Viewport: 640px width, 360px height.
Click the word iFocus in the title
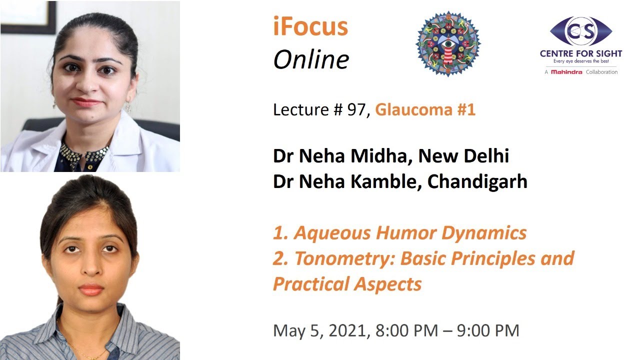(x=310, y=27)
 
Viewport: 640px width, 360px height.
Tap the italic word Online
(x=310, y=60)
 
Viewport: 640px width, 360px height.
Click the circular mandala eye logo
(x=448, y=44)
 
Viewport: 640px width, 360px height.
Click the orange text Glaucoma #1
(x=425, y=109)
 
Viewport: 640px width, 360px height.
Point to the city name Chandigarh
(x=477, y=181)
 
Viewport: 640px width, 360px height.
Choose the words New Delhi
(x=463, y=156)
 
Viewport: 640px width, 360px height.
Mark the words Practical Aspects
(x=347, y=284)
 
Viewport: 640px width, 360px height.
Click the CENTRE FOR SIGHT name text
(x=581, y=53)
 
